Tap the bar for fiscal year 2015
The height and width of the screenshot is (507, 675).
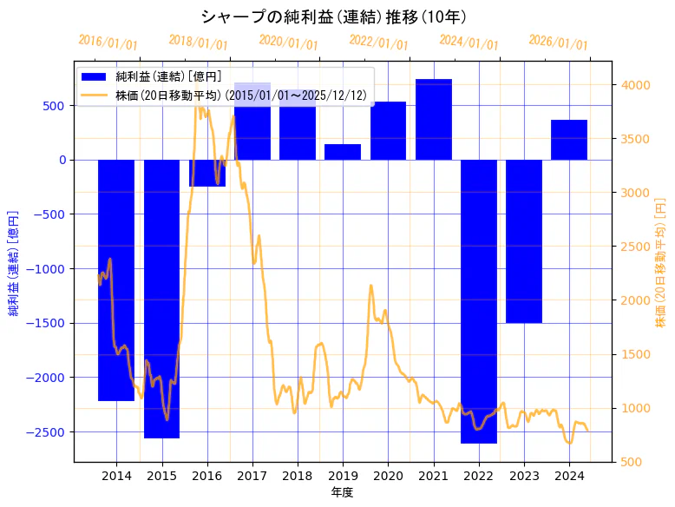[161, 299]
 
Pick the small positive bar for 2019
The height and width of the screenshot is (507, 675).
[343, 152]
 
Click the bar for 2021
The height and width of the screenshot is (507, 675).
[433, 120]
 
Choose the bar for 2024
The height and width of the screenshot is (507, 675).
[569, 140]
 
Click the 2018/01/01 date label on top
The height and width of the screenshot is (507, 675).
[199, 43]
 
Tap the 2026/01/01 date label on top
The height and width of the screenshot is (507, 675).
[558, 43]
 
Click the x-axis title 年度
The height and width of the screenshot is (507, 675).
[343, 492]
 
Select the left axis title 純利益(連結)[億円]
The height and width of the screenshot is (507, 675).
[14, 262]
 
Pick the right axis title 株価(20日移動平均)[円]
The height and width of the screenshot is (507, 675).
[661, 262]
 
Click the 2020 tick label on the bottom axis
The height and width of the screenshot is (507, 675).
[388, 475]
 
